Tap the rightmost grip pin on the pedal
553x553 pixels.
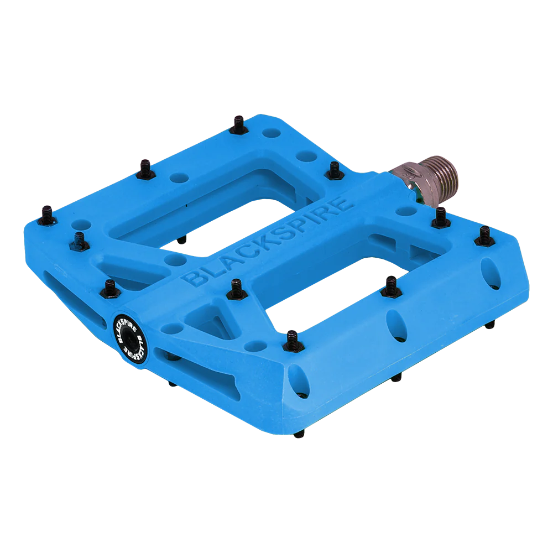pyautogui.click(x=484, y=235)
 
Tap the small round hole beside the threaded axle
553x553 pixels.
pyautogui.click(x=407, y=211)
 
